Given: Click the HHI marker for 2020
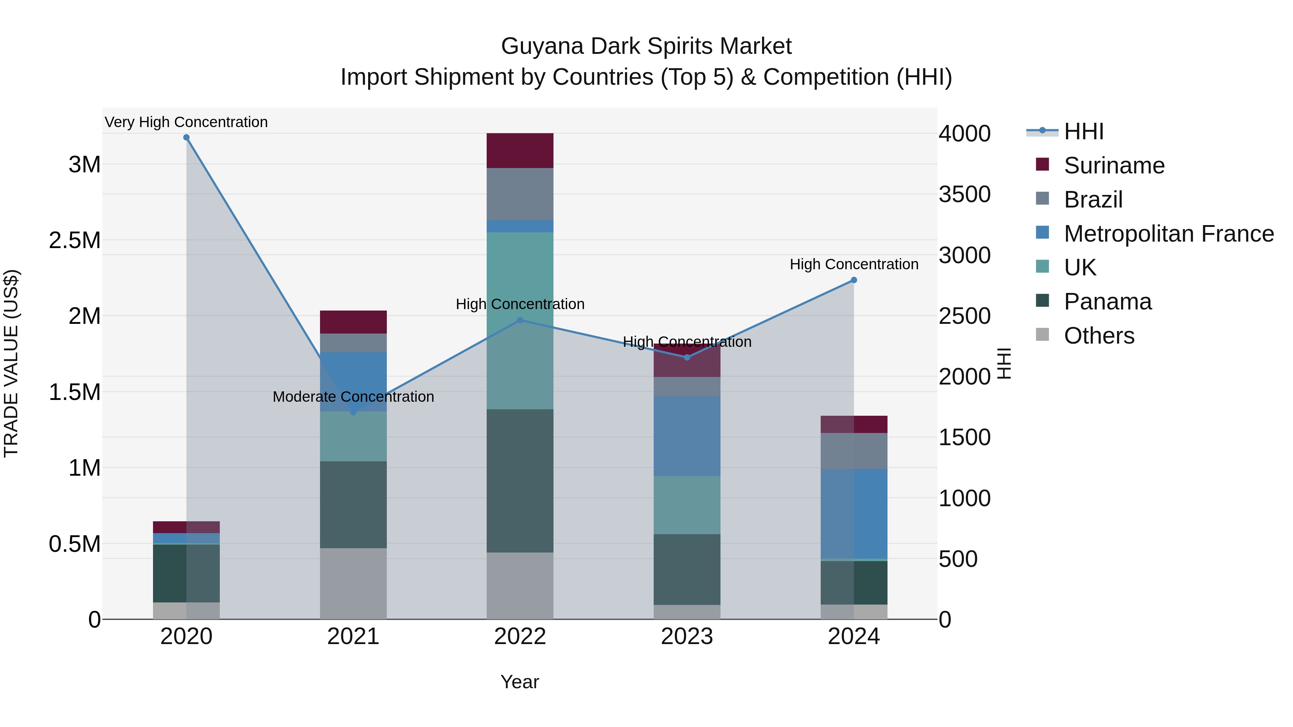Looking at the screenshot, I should click(x=186, y=138).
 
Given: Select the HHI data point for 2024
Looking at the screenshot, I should click(x=854, y=280).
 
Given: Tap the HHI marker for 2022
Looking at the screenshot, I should click(x=520, y=320).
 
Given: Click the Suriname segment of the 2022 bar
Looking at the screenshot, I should click(x=520, y=150).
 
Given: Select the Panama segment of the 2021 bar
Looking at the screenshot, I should click(x=353, y=504).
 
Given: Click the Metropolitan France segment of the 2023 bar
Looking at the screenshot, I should click(x=687, y=435).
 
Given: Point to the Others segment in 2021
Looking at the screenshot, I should click(x=353, y=583).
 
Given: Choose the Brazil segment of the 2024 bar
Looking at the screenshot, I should click(x=854, y=451).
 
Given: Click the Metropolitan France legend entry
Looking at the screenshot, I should click(x=1168, y=234).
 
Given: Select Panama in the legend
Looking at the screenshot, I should click(x=1107, y=302).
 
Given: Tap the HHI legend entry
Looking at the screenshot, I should click(x=1083, y=131).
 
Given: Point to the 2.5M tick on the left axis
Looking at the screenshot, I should click(x=75, y=240).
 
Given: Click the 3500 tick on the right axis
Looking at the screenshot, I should click(x=964, y=194).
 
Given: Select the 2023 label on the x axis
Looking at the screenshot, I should click(x=687, y=637).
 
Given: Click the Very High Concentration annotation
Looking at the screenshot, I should click(x=186, y=122).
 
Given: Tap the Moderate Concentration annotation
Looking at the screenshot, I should click(x=353, y=396).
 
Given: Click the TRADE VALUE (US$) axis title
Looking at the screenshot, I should click(x=11, y=363).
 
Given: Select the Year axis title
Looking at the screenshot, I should click(x=519, y=682).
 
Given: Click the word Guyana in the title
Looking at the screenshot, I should click(x=542, y=46).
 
